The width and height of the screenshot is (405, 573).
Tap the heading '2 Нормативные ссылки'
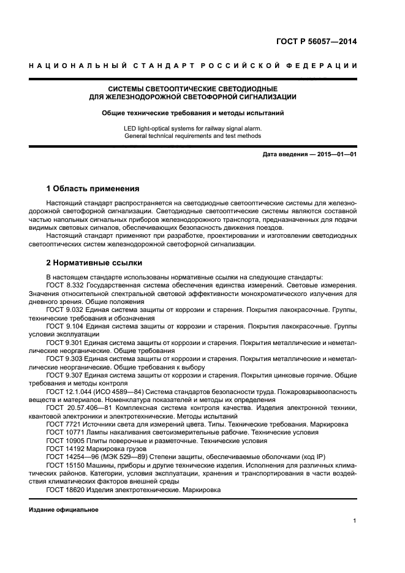94,263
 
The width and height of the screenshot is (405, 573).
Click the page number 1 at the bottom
355,521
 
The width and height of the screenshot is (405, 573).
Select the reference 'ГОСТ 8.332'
64,286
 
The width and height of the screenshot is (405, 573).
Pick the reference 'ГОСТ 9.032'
64,310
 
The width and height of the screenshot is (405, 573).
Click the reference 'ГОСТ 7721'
62,424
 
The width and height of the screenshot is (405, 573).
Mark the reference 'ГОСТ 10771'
64,432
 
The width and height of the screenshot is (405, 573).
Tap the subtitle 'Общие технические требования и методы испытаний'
192,113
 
